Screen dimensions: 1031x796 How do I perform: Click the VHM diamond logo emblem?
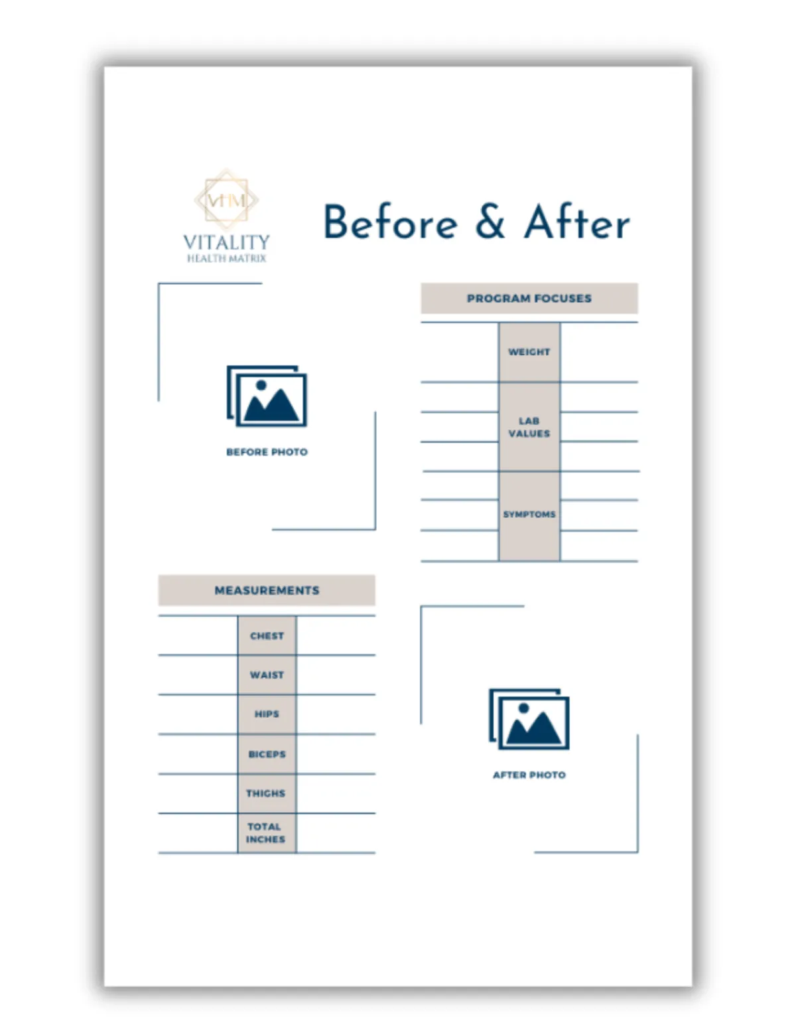[x=226, y=199]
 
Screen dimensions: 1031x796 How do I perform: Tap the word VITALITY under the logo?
[x=226, y=242]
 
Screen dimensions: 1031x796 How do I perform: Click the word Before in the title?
[x=391, y=222]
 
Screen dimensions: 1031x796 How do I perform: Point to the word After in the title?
[x=576, y=222]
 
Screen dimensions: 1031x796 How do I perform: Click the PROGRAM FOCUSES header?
[x=529, y=298]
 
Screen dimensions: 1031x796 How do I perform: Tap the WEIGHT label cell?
[x=529, y=352]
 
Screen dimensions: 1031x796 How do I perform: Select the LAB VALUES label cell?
[x=529, y=427]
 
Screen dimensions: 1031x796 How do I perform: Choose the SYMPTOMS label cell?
[x=529, y=515]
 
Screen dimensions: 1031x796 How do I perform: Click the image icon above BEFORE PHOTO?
[x=267, y=396]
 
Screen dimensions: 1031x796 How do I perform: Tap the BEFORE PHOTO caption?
[x=267, y=452]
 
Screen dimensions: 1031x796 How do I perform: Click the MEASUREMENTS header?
[x=267, y=590]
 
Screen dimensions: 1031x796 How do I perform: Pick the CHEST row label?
[x=267, y=636]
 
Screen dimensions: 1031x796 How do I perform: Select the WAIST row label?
[x=267, y=675]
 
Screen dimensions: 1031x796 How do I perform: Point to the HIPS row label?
[x=267, y=714]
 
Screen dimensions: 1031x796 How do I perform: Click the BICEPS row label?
[x=267, y=754]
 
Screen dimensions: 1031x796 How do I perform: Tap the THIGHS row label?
[x=266, y=793]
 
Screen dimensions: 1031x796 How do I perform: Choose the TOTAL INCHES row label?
[x=265, y=833]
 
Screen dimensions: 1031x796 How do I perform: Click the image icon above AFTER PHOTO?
[x=529, y=720]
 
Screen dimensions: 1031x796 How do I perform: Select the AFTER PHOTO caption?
[x=529, y=775]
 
